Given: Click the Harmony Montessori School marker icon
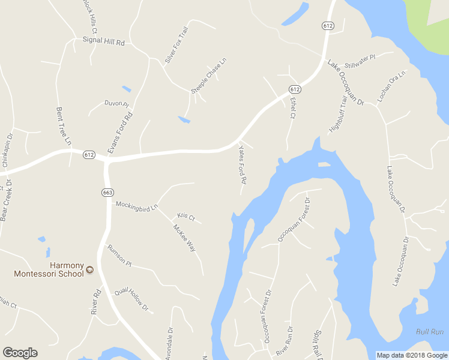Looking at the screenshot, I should click(x=90, y=270).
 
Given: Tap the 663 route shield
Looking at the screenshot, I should click(x=106, y=192).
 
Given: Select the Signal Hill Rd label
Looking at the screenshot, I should click(x=103, y=43).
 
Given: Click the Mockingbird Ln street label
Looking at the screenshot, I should click(x=136, y=208).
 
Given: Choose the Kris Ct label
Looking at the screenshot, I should click(x=186, y=217).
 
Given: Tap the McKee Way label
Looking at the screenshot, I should click(x=184, y=238).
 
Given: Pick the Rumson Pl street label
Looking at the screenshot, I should click(x=119, y=254).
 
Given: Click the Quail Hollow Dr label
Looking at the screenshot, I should click(x=132, y=298).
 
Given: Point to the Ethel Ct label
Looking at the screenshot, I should click(x=293, y=107).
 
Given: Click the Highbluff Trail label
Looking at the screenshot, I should click(x=338, y=115).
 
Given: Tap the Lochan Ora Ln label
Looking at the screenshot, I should click(x=391, y=85).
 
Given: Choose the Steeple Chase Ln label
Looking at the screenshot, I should click(x=209, y=76).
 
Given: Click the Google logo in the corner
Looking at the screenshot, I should click(x=20, y=353).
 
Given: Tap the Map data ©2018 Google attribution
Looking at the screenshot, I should click(x=412, y=355).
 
